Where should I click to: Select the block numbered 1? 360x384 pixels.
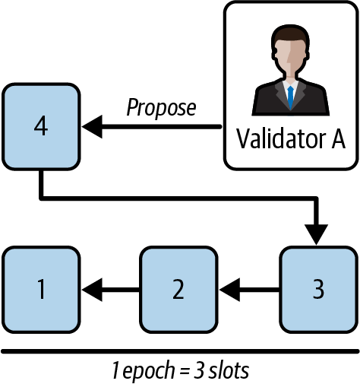41,288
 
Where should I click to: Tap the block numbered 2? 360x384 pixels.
178,288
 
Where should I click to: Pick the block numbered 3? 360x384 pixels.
318,288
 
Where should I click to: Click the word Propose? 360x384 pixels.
160,108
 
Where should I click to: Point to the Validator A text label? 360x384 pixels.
291,139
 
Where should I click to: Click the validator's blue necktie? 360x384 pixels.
291,96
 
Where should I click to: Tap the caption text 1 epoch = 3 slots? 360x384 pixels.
180,372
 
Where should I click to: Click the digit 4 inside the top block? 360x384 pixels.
41,125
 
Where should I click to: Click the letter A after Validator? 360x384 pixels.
335,139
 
